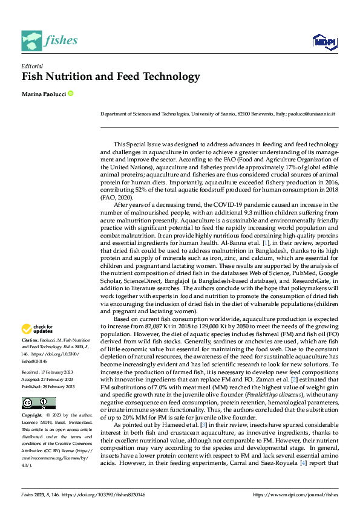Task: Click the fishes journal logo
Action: [x=50, y=40]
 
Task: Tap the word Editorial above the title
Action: [x=31, y=65]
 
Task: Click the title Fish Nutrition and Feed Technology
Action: [x=111, y=77]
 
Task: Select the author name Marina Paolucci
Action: [x=44, y=94]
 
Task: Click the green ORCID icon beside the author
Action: [x=71, y=94]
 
